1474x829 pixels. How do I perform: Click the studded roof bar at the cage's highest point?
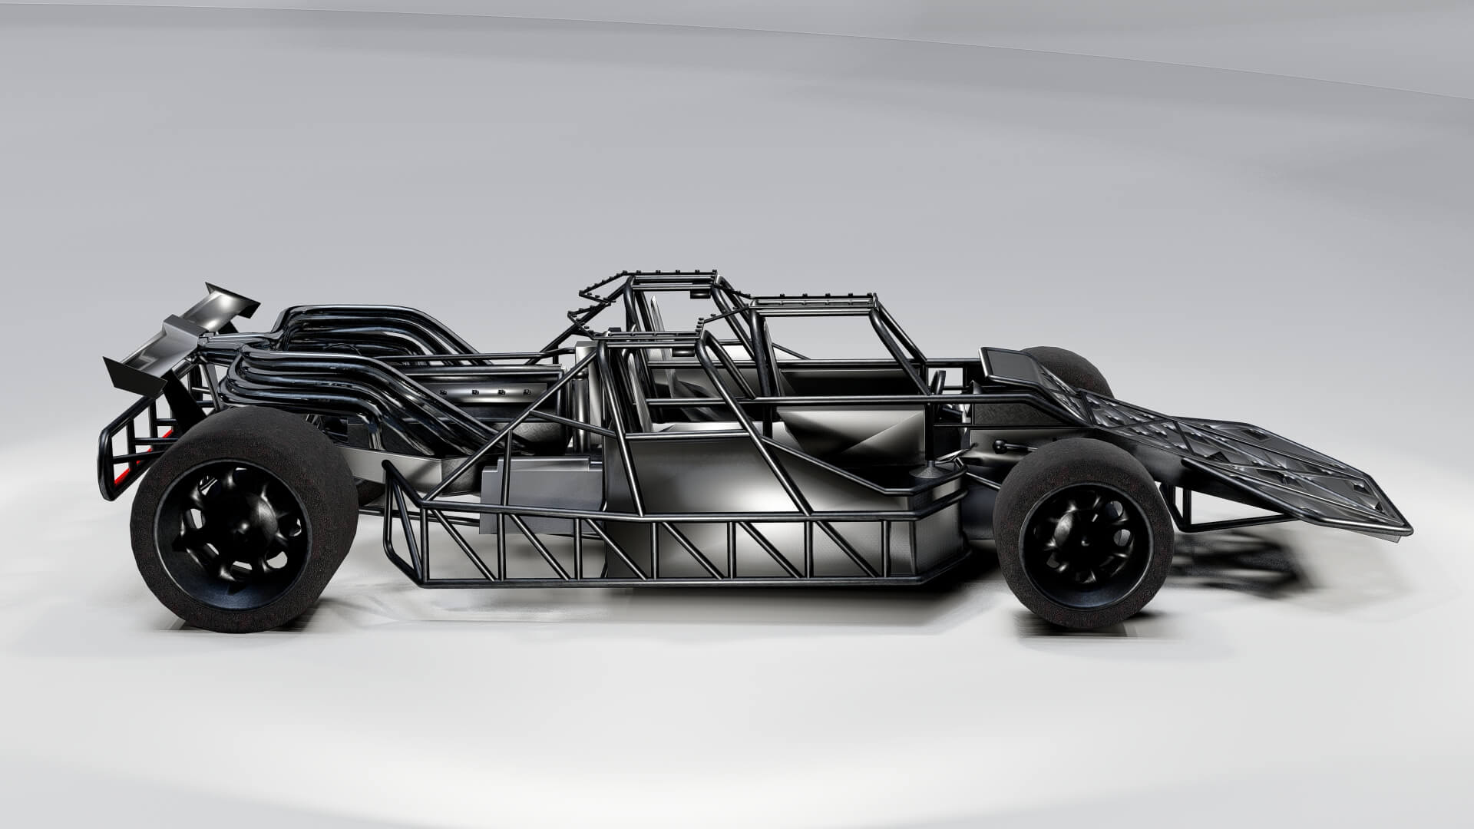(x=653, y=276)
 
